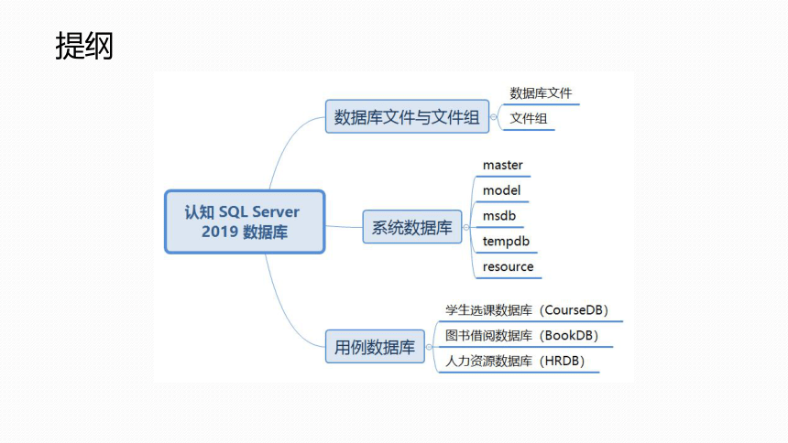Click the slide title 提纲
[x=84, y=46]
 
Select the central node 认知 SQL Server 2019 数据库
[x=245, y=221]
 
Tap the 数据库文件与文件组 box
[x=407, y=116]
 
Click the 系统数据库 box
[x=412, y=227]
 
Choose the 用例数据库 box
[x=375, y=347]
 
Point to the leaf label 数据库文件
[x=541, y=93]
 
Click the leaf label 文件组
[x=528, y=119]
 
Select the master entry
[x=502, y=165]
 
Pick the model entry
[x=501, y=190]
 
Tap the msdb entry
[x=499, y=215]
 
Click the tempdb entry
[x=506, y=242]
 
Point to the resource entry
[x=509, y=266]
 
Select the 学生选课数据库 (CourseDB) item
[x=527, y=310]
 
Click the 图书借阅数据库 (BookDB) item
[x=521, y=336]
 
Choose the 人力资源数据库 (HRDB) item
[x=515, y=361]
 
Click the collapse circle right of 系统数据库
[x=465, y=228]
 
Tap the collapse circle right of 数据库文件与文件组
[x=494, y=117]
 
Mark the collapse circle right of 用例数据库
[x=429, y=347]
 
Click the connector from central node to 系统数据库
[x=344, y=227]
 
